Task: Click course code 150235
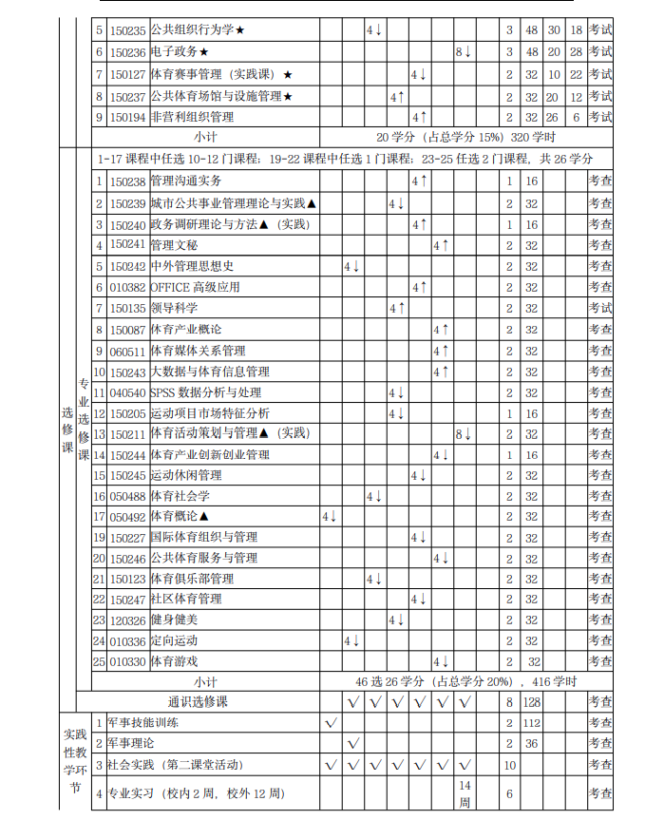coord(127,31)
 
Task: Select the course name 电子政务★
coord(179,52)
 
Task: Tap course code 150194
coord(127,117)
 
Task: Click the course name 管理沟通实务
coord(186,181)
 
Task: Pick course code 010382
coord(127,287)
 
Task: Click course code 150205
coord(127,413)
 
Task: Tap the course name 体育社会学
coord(180,496)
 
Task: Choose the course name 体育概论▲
coord(180,517)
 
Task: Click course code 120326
coord(127,620)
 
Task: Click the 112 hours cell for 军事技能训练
coord(532,723)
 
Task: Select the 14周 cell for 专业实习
coord(465,792)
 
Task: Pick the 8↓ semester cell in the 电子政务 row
coord(464,52)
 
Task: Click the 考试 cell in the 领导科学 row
coord(600,308)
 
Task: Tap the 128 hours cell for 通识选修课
coord(532,702)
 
